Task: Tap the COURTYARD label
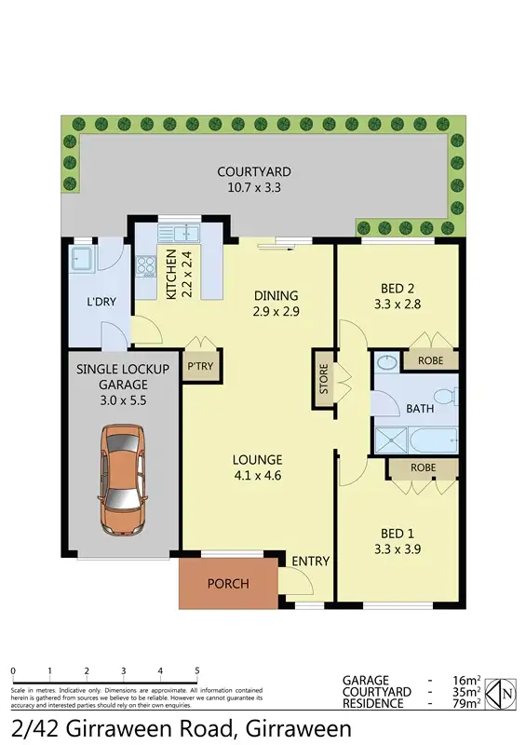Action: [254, 171]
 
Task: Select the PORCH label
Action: [227, 584]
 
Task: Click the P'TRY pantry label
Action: [200, 366]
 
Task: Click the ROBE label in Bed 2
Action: [429, 359]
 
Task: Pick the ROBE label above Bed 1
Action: [424, 467]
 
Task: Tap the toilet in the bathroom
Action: [448, 399]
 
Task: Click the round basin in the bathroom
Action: [385, 361]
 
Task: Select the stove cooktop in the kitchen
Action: [145, 266]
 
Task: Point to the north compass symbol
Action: [499, 692]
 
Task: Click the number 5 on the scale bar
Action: [197, 670]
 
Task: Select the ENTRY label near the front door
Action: [310, 561]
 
